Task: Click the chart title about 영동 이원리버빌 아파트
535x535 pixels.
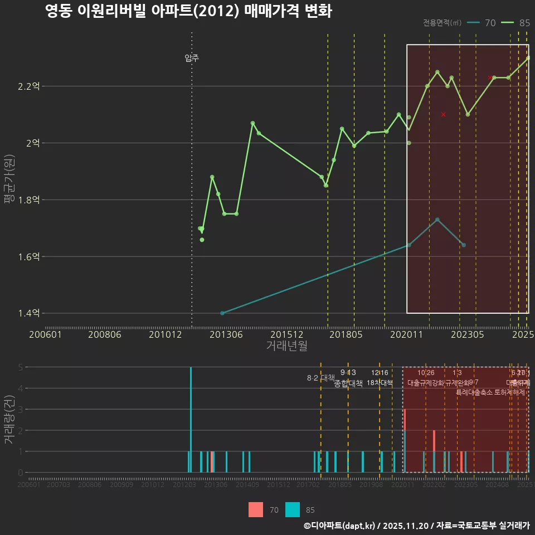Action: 188,12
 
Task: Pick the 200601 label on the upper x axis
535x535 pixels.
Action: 45,334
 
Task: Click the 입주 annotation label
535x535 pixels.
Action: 192,58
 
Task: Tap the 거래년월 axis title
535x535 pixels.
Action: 286,346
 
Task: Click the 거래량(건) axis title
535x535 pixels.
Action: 9,420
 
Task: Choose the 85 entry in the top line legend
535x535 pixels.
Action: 517,23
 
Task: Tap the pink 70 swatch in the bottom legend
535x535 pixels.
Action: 256,509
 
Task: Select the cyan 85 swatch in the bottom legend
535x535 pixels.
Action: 293,509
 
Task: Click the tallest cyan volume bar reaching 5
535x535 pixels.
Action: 191,419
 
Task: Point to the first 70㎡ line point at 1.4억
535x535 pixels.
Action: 222,313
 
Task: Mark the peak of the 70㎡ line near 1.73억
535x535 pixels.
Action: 437,220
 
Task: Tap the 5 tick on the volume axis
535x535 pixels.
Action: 21,367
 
